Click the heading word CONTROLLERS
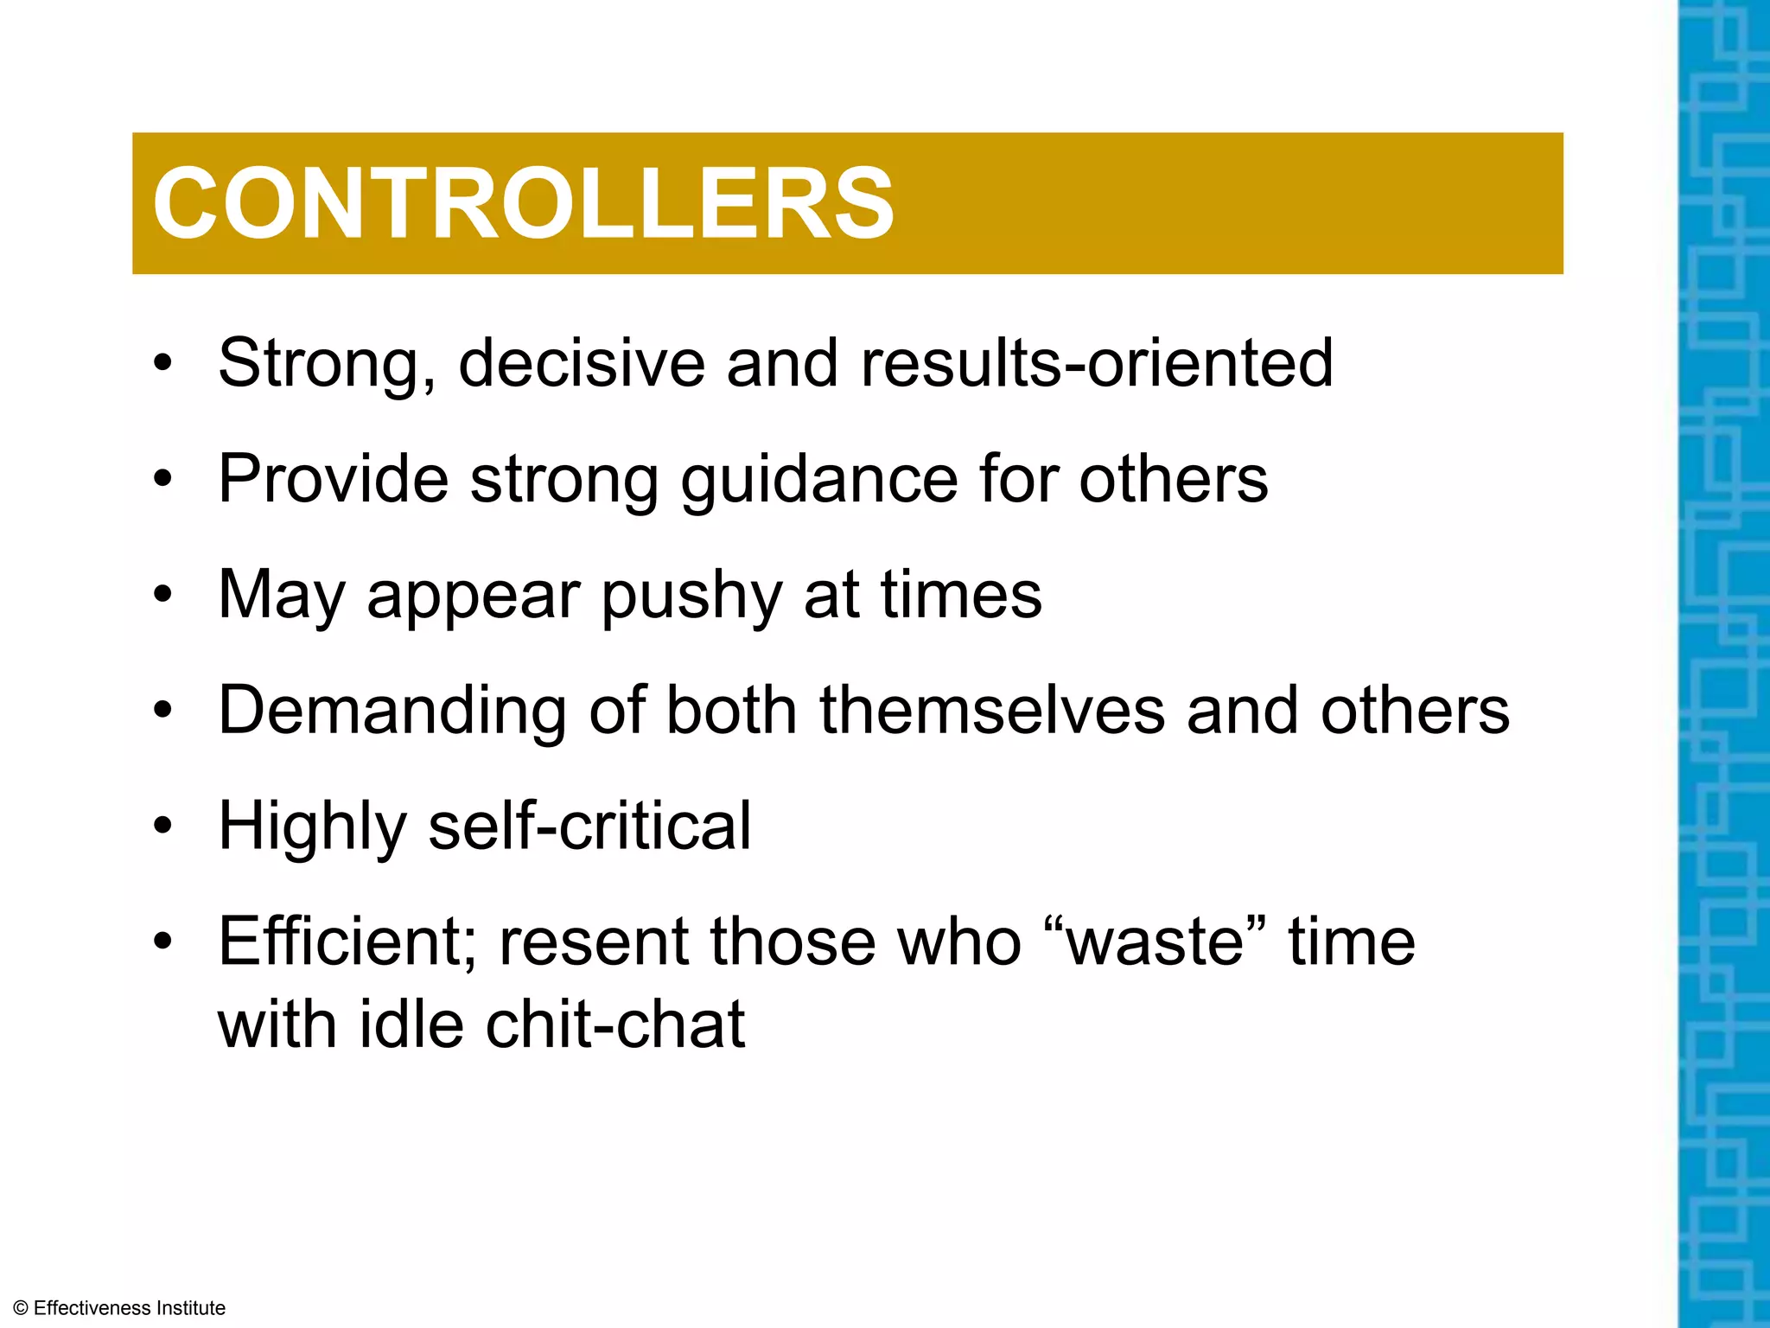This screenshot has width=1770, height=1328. [x=523, y=204]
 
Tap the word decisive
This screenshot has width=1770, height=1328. [x=582, y=362]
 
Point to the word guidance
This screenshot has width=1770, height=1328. [x=819, y=480]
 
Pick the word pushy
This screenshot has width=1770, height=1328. [x=691, y=597]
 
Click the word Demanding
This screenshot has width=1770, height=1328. [x=392, y=711]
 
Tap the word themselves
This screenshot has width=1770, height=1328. [x=992, y=711]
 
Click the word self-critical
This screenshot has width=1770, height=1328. [x=589, y=826]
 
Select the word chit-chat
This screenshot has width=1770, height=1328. [x=614, y=1024]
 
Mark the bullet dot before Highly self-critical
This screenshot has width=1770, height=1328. [x=162, y=826]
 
